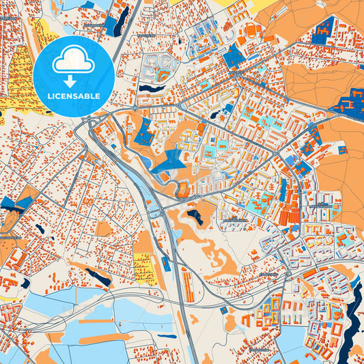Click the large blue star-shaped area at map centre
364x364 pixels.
(x=169, y=160)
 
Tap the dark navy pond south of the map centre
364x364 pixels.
(x=195, y=217)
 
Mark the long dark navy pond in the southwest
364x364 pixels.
(x=97, y=276)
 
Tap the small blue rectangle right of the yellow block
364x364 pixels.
(x=165, y=263)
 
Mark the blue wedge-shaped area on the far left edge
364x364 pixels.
(x=16, y=203)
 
